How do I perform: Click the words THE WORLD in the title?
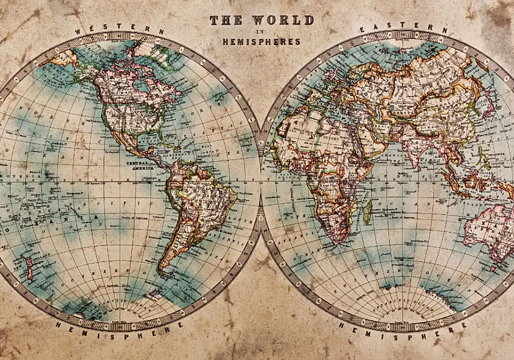click(261, 20)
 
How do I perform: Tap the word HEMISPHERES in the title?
click(261, 42)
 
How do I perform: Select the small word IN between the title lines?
click(261, 32)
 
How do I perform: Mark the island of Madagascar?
click(367, 213)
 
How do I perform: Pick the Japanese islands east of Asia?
click(488, 107)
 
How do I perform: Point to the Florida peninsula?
click(161, 141)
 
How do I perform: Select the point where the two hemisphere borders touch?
click(260, 180)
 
